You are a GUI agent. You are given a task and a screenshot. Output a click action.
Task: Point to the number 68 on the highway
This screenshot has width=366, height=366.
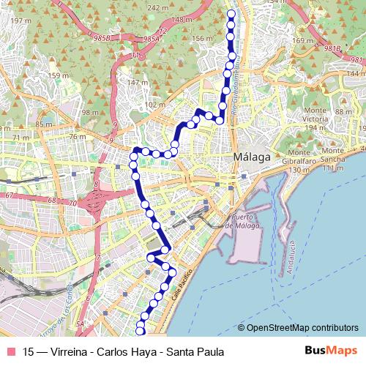click(51, 199)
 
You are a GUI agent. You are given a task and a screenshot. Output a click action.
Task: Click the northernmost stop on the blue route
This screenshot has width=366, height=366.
click(232, 14)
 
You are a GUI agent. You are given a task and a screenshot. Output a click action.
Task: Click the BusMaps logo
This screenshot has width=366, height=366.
click(326, 351)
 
